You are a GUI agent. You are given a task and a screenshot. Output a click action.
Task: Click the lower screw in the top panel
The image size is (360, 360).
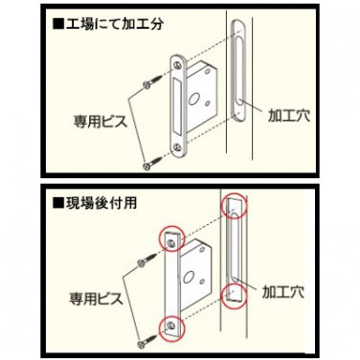pos(146,164)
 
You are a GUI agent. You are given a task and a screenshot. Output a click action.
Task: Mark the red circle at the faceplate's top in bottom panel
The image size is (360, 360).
pos(169,238)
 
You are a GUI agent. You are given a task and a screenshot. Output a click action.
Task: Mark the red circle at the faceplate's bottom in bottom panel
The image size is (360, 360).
pos(170,327)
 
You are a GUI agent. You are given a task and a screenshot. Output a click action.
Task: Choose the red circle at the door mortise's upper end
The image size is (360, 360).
pos(233,206)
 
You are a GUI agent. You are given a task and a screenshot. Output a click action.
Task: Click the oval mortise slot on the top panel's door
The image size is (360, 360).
pos(238,76)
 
